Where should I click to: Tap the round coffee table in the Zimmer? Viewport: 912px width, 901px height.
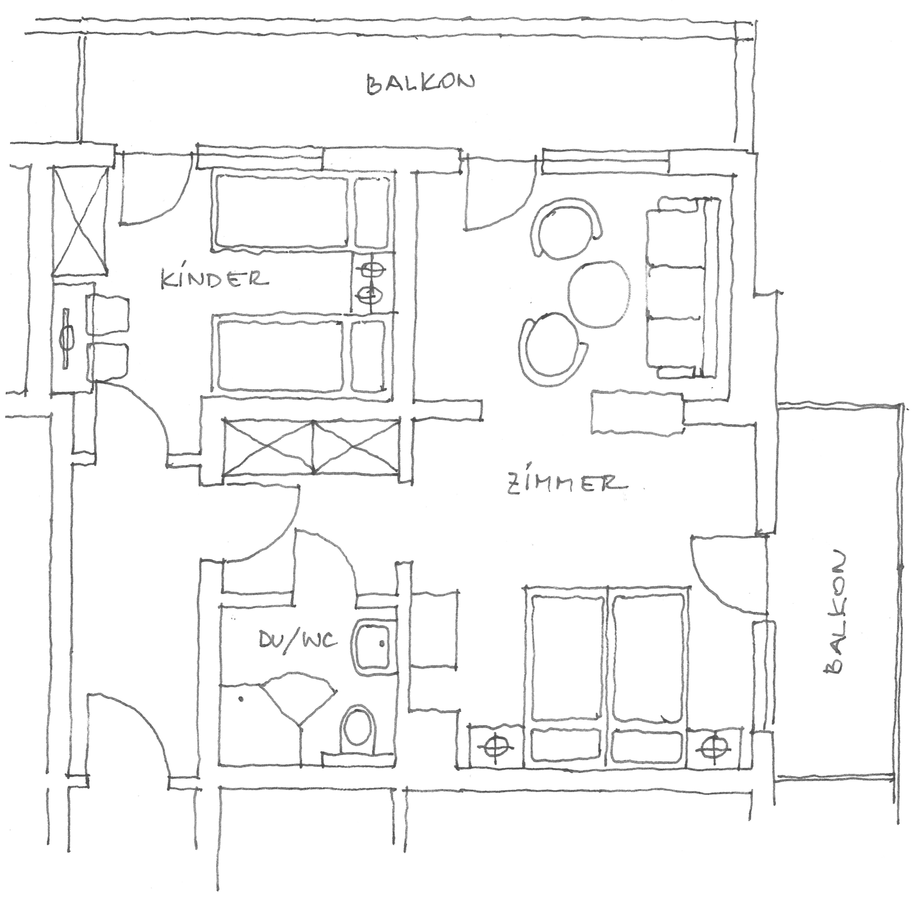[600, 294]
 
